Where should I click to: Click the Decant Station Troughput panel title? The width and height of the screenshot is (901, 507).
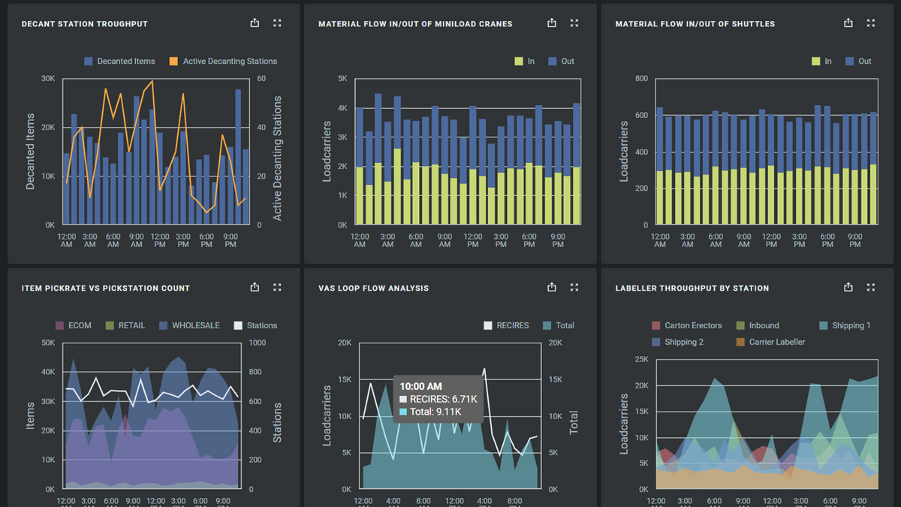pos(84,24)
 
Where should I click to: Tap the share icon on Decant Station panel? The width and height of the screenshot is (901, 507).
pos(255,23)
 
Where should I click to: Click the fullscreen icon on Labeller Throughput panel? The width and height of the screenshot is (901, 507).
pos(871,288)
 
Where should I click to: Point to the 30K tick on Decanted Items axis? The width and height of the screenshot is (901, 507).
pos(47,79)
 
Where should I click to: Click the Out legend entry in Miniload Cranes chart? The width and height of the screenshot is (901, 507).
pos(562,62)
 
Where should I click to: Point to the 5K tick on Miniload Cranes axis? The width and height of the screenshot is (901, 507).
pos(342,79)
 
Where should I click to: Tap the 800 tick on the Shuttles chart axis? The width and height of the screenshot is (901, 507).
pos(640,79)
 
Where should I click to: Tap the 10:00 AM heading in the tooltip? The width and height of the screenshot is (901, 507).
pos(420,386)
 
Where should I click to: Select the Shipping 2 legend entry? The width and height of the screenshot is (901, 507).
pos(678,343)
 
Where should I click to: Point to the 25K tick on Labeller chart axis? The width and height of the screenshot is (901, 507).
pos(640,359)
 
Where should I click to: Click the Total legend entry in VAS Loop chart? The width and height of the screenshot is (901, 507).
pos(559,326)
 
